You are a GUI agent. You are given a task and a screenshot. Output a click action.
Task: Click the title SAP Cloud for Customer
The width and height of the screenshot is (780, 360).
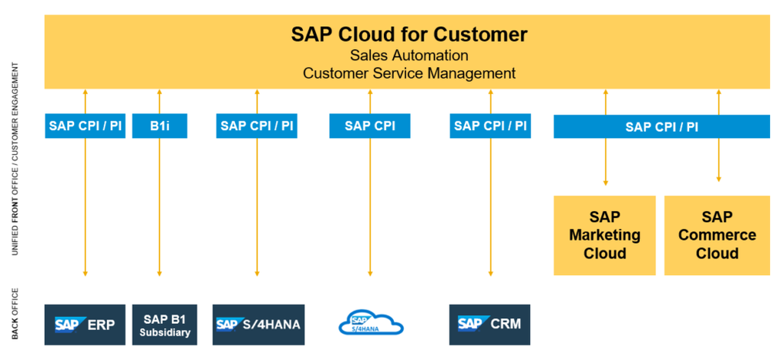coord(409,34)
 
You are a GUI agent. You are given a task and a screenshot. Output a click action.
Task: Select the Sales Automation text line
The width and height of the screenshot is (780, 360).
coord(409,55)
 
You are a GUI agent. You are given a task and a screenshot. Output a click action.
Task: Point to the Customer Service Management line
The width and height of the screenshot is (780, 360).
coord(409,73)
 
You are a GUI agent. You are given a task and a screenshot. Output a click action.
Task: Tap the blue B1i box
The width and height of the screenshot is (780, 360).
coord(159,126)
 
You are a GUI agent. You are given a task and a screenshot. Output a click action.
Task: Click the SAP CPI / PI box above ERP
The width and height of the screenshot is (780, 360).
coord(85,126)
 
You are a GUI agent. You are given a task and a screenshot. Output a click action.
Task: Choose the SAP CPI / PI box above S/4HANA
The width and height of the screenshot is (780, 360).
coord(256,126)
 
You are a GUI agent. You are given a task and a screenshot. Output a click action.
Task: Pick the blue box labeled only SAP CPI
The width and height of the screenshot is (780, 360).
coord(369,126)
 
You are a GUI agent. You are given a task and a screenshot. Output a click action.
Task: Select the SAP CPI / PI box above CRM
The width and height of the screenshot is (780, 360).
coord(490,126)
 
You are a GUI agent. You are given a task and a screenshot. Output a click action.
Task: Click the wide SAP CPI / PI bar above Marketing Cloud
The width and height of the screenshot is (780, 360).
coord(661,126)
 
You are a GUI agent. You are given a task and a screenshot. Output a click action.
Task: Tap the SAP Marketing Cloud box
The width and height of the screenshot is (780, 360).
coord(604,235)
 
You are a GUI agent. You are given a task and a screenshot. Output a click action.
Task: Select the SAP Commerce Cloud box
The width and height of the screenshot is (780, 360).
coord(717,235)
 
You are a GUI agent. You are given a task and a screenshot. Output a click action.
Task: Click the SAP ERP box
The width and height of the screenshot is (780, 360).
coord(85,324)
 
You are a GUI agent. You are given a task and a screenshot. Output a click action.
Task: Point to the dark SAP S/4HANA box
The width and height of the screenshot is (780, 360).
coord(256,324)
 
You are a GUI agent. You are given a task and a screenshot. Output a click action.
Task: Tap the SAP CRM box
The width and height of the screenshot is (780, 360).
coord(490,324)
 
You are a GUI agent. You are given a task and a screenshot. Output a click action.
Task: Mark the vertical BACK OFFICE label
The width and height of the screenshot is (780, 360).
coord(15,313)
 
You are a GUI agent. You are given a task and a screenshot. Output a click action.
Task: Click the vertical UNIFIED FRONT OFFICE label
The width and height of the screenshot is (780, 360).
coord(15,168)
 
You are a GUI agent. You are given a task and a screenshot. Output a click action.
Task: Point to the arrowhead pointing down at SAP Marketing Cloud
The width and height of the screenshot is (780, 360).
coord(606,183)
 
